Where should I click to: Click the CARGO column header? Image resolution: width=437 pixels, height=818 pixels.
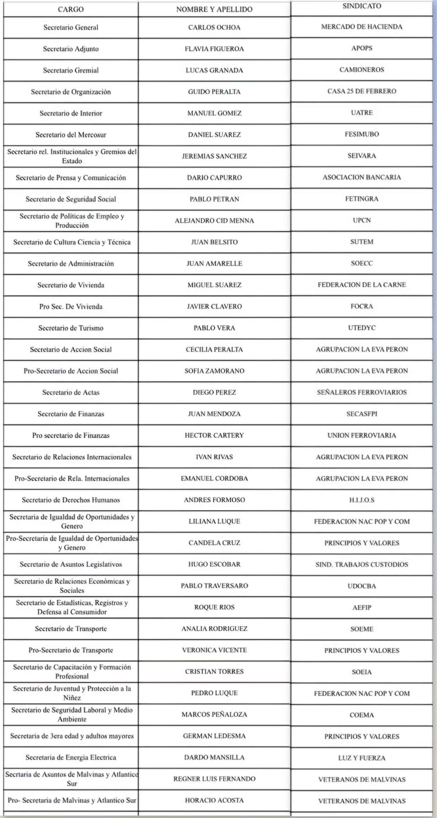[x=71, y=10]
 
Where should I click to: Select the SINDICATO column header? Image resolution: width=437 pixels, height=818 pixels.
[x=362, y=6]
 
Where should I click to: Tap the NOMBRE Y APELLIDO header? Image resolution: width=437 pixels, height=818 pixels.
[x=214, y=10]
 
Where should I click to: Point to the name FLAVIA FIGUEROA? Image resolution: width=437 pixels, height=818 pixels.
[x=214, y=49]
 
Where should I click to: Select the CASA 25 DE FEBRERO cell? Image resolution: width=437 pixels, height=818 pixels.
[x=362, y=91]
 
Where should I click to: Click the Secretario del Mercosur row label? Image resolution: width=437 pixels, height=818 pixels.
[x=71, y=135]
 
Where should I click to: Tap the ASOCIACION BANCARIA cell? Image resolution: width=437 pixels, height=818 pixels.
[x=362, y=177]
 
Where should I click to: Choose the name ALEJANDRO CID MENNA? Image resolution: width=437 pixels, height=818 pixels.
[x=214, y=221]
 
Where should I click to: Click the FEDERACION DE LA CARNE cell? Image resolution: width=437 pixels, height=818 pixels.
[x=362, y=285]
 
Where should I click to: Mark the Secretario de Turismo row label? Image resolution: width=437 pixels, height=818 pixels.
[x=71, y=328]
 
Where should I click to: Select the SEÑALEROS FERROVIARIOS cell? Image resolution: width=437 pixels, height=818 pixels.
[x=362, y=392]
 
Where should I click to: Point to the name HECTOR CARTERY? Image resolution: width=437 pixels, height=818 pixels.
[x=214, y=435]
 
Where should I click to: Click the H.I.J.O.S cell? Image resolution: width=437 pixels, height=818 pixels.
[x=362, y=500]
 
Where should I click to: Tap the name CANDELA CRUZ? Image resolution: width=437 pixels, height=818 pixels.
[x=214, y=543]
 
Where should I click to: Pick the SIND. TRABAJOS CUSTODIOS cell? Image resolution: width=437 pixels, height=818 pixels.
[x=362, y=565]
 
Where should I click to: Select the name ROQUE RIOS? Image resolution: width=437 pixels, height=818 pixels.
[x=214, y=607]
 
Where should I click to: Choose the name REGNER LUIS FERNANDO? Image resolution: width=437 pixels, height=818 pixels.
[x=214, y=779]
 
